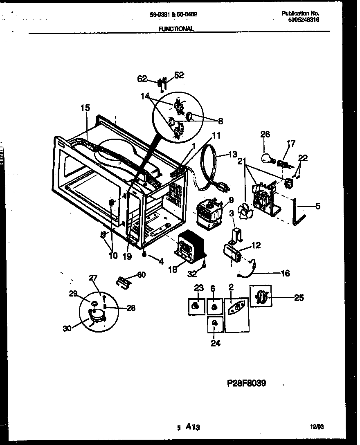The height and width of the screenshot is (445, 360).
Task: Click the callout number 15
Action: [85, 108]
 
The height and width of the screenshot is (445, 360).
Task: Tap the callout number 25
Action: [299, 297]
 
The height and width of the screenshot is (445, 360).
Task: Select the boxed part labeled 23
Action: [196, 306]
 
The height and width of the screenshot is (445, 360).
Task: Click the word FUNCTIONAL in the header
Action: [175, 29]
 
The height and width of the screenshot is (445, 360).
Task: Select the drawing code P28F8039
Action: [246, 383]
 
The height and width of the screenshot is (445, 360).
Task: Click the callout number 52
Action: [179, 75]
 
